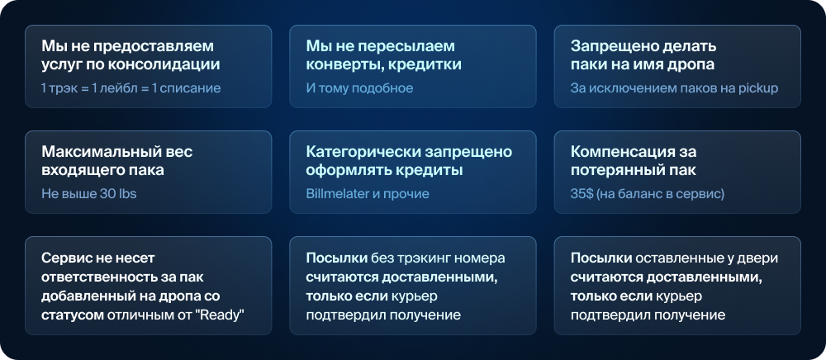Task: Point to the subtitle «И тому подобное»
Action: point(360,88)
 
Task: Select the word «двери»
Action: point(759,258)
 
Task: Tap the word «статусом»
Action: point(73,315)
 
